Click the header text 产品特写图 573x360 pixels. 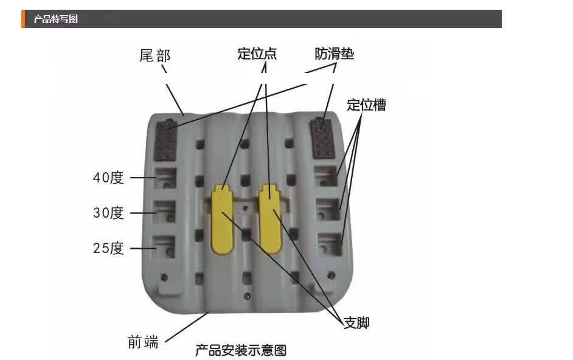coord(55,19)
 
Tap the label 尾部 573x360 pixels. coord(155,56)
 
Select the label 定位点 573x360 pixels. coord(257,54)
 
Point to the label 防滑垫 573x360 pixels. coord(334,54)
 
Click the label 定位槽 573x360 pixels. coord(366,105)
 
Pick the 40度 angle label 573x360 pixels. coord(108,178)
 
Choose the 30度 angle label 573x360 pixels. coord(108,213)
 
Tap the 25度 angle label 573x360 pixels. coord(108,248)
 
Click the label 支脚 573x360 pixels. coord(356,322)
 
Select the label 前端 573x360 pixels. coord(144,342)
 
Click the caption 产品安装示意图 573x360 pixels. coord(240,350)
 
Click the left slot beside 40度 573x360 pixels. coord(164,178)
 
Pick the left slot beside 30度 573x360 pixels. coord(164,212)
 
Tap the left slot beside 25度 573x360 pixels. coord(164,247)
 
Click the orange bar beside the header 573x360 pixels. coord(23,19)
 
